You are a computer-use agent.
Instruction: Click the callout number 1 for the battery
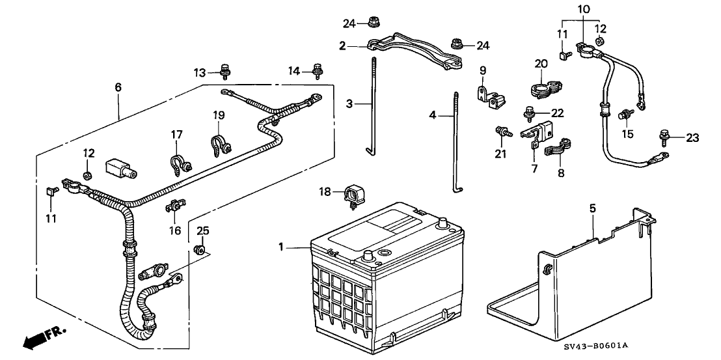click(x=280, y=248)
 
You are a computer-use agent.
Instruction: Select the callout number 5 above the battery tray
click(x=593, y=209)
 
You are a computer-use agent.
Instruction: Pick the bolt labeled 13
click(x=225, y=70)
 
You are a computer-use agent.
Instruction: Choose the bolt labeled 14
click(x=317, y=70)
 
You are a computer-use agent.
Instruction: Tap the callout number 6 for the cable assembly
click(x=118, y=87)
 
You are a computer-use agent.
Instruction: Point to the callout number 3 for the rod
click(x=349, y=104)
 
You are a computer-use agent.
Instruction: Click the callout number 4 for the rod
click(x=432, y=115)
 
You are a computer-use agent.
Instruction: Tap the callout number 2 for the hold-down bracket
click(x=342, y=46)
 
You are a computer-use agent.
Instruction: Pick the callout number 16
click(x=175, y=229)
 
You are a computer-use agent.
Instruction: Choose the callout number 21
click(x=500, y=154)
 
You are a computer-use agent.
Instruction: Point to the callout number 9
click(x=482, y=71)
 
